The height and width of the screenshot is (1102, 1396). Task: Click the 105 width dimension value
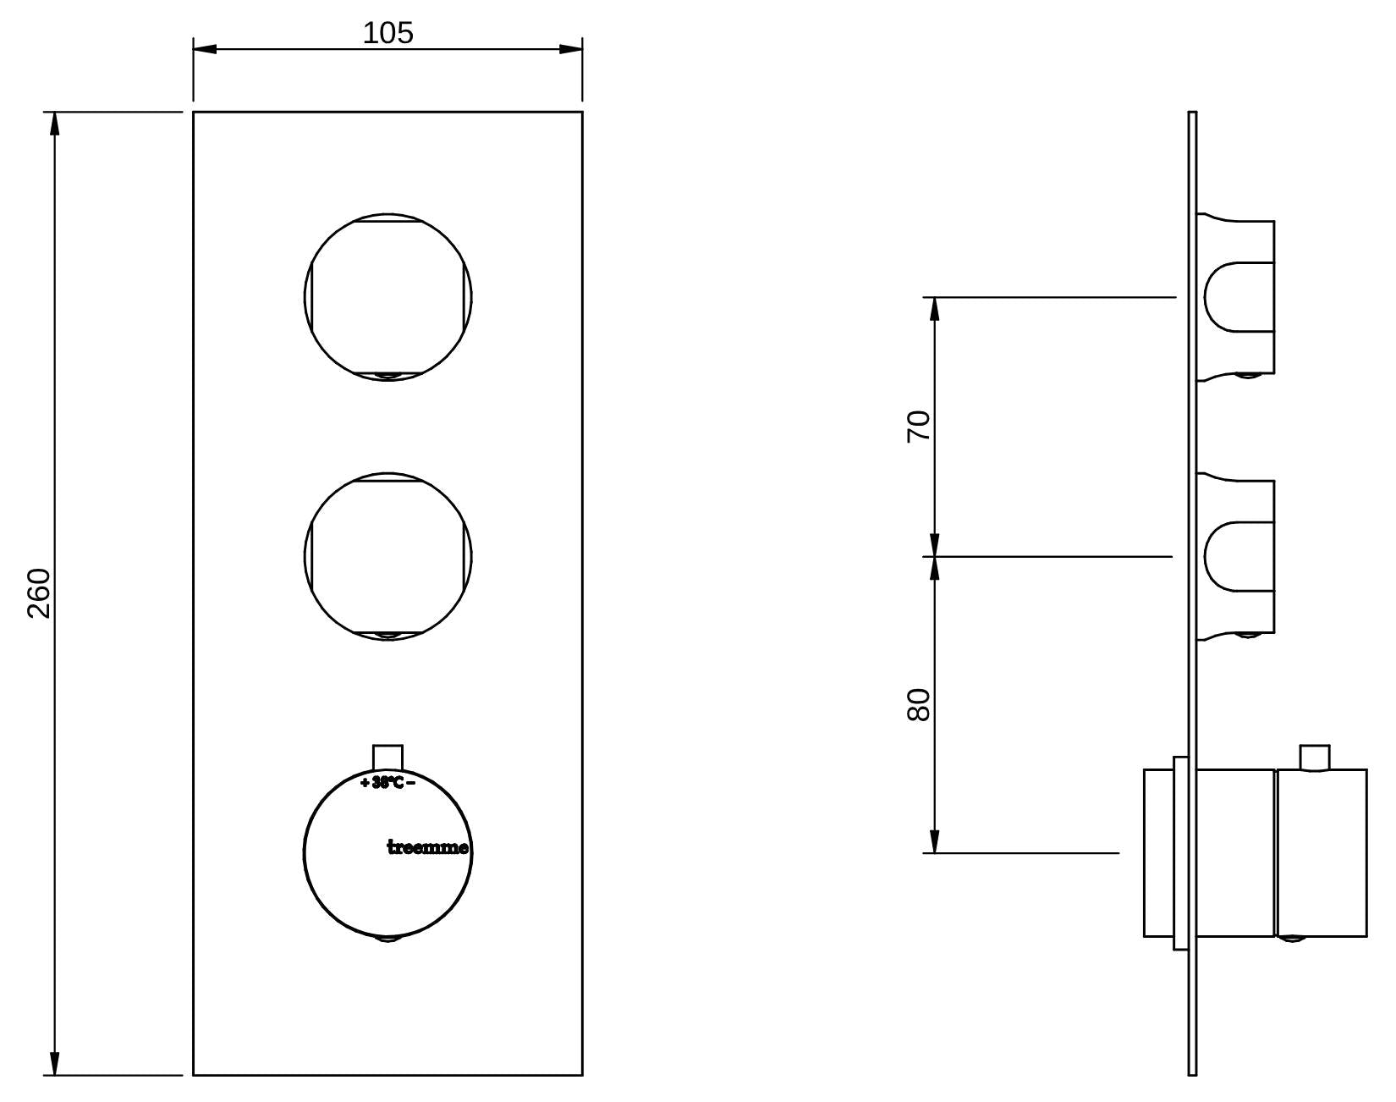click(387, 33)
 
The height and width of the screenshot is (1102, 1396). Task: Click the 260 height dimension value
click(40, 593)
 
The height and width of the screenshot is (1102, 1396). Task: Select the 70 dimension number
click(918, 426)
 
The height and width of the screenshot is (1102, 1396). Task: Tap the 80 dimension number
click(918, 705)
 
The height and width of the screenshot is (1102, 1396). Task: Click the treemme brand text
click(428, 847)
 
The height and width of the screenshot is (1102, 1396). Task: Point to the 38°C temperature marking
click(387, 783)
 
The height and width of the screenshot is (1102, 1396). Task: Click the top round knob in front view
click(387, 297)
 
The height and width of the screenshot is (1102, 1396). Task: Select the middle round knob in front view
click(387, 556)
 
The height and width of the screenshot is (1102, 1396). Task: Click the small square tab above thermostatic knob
click(387, 758)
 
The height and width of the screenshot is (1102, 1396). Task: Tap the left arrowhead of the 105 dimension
click(205, 48)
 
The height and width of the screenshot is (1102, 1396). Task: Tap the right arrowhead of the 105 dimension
click(570, 48)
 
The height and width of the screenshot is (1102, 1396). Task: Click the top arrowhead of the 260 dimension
click(55, 124)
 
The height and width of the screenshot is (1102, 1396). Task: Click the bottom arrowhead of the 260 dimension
click(55, 1064)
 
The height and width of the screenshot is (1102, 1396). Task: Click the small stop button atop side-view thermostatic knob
click(1315, 758)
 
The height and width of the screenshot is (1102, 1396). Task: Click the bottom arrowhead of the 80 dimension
click(935, 841)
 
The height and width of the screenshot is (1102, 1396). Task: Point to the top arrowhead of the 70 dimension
click(935, 309)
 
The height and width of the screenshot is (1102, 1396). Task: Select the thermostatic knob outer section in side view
click(1321, 853)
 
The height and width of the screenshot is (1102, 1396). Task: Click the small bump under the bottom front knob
click(387, 938)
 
